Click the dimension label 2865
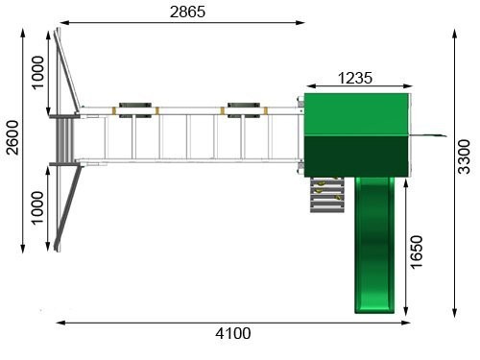(x=187, y=12)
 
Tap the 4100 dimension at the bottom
(x=233, y=333)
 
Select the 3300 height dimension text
(x=464, y=156)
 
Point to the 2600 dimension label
(x=12, y=137)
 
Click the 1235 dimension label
(x=355, y=78)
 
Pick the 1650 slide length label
(x=416, y=252)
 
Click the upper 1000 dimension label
(x=37, y=73)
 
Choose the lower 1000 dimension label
(x=37, y=208)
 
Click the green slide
(x=374, y=245)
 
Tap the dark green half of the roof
(x=356, y=156)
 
